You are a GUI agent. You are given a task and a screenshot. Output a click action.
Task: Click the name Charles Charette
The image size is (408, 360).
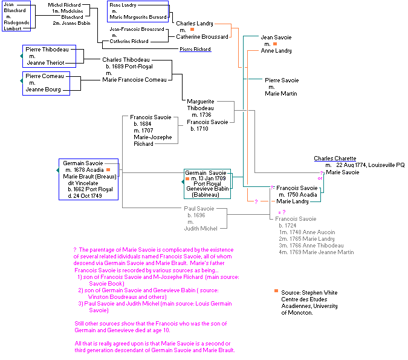click(x=335, y=159)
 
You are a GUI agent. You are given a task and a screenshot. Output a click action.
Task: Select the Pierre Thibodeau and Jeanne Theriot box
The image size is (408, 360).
click(x=46, y=56)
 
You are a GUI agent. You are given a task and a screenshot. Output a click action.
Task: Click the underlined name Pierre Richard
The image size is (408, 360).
click(x=195, y=49)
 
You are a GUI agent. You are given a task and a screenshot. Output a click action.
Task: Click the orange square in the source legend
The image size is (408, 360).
click(x=276, y=292)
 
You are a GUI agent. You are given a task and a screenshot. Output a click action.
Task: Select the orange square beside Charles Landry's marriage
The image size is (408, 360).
click(x=192, y=30)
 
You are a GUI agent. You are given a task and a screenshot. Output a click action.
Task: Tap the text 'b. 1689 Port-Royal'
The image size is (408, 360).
click(x=128, y=66)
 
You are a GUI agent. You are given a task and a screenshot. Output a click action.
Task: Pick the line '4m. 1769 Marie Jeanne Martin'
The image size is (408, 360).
click(x=316, y=252)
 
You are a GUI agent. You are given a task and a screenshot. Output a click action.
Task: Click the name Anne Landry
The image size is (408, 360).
click(x=276, y=51)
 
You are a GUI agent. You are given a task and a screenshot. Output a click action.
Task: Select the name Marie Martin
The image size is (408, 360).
click(x=280, y=93)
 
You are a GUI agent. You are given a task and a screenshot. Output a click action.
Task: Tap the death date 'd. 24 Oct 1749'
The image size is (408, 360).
click(x=89, y=195)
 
